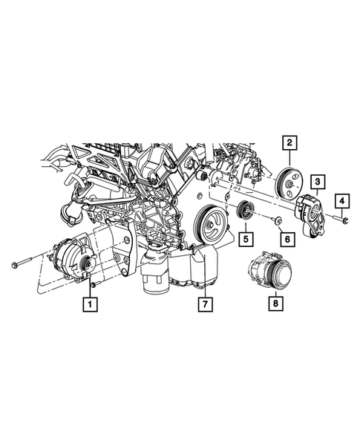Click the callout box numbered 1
89,303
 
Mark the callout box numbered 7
201,303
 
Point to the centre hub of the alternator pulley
87,261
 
